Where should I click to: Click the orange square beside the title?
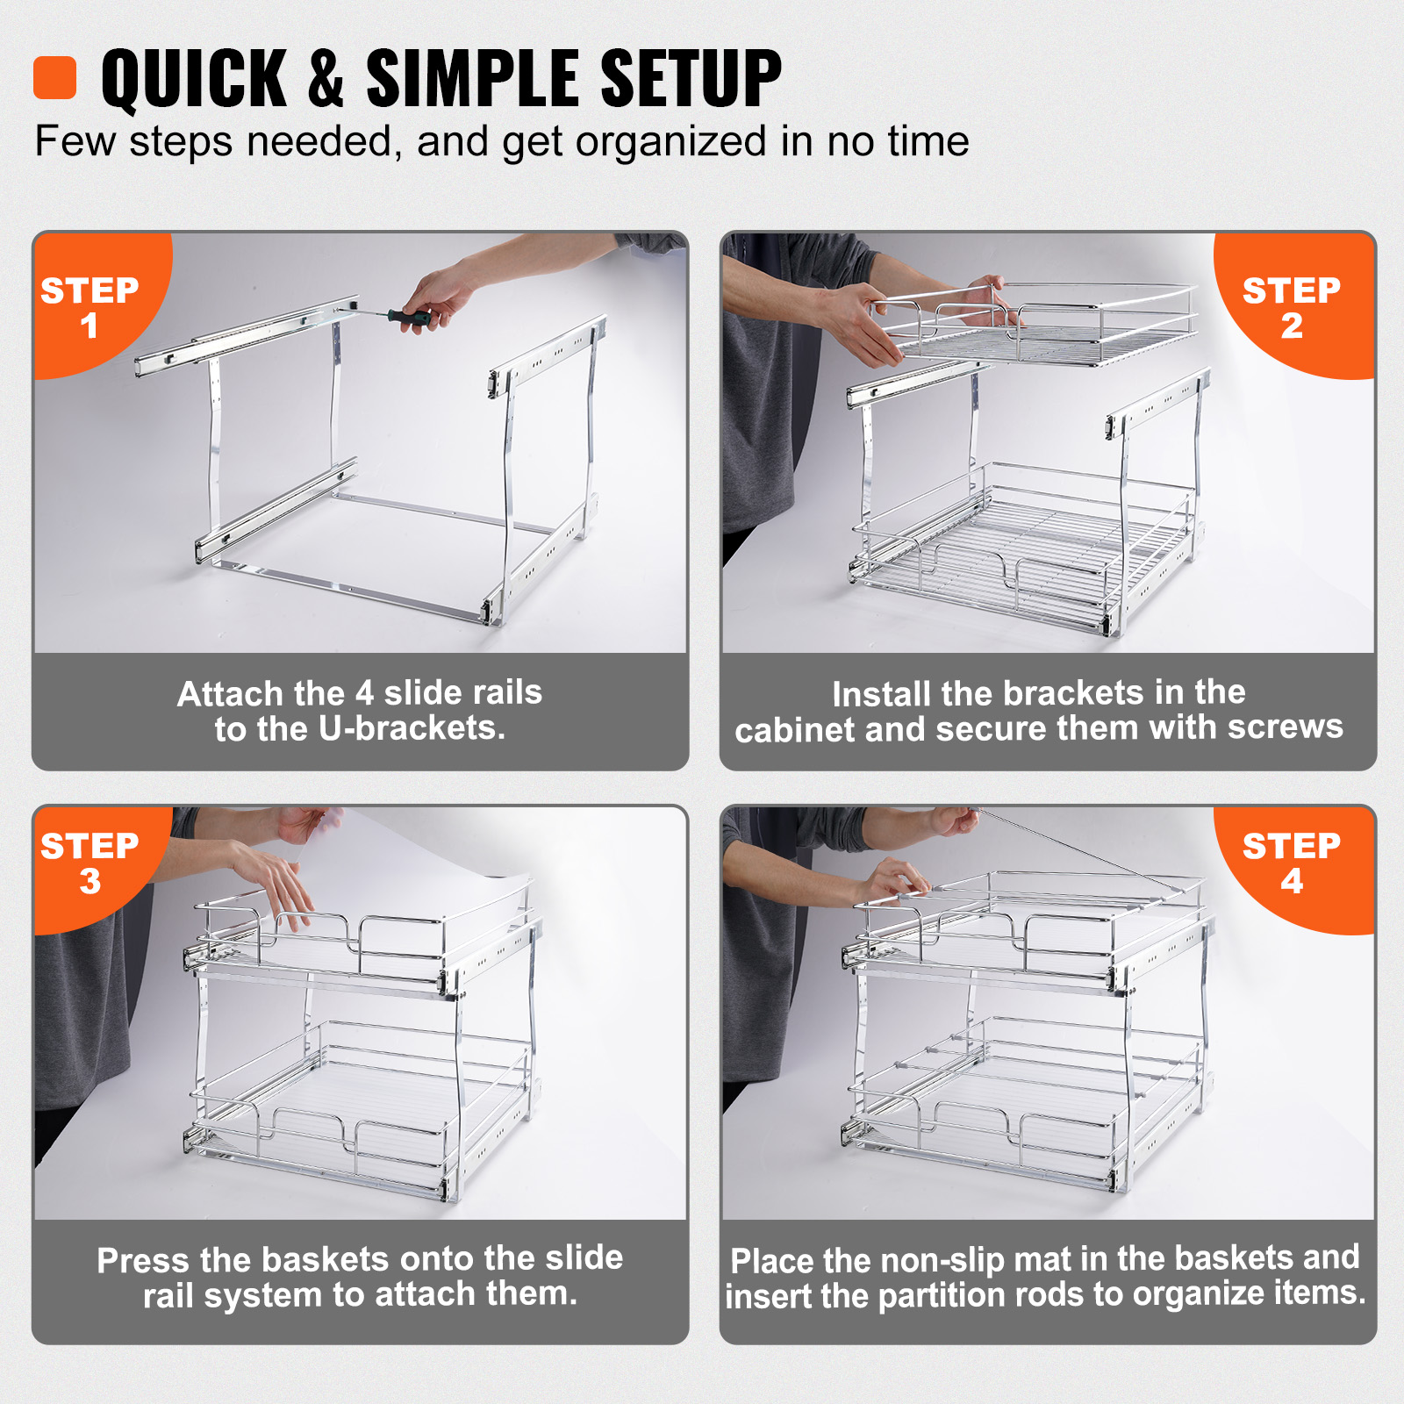tap(54, 78)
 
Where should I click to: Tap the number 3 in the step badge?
tap(90, 882)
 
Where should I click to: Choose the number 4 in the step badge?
tap(1291, 882)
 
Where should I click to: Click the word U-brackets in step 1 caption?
tap(412, 728)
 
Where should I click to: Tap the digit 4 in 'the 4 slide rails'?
tap(364, 693)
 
